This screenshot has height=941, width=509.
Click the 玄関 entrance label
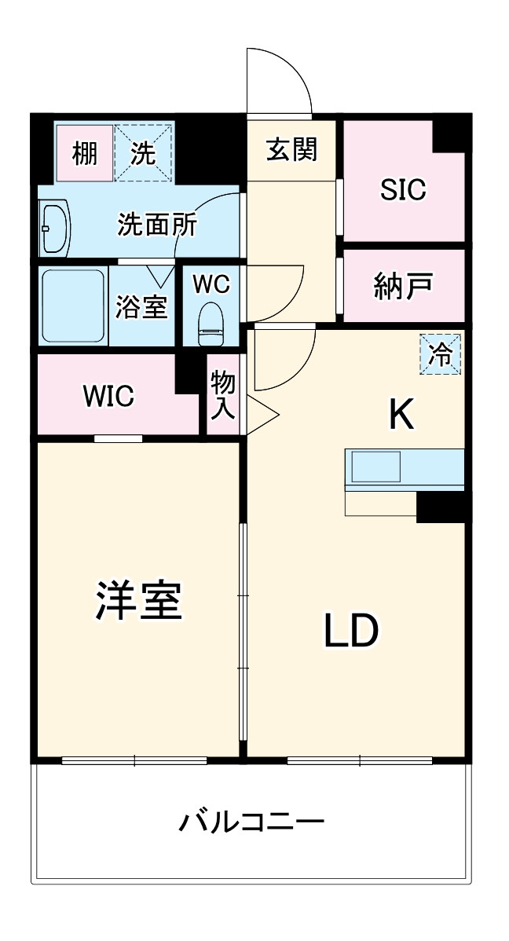coord(291,149)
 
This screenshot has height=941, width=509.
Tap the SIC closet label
coord(403,189)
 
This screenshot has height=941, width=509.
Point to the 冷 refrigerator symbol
coord(441,354)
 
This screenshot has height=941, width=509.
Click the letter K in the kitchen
coord(402,415)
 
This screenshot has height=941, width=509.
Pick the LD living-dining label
coord(352,630)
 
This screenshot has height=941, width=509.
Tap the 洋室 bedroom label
coord(139,601)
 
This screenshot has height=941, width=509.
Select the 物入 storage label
coord(223,395)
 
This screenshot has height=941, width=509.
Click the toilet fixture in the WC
coord(211,324)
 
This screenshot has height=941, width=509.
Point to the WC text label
coord(211,284)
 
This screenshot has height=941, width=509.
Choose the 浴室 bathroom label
coord(141,306)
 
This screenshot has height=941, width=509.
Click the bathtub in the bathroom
coord(73,306)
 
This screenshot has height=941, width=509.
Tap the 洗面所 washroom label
coord(157,225)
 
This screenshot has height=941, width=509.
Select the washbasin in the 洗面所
coord(55,230)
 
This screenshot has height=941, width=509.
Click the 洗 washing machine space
coord(143,153)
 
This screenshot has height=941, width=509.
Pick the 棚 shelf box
coord(85,153)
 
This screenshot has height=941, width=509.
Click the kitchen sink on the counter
coord(375,469)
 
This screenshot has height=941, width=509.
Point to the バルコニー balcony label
coord(251,822)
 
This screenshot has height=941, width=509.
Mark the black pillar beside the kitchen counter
coord(441,507)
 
